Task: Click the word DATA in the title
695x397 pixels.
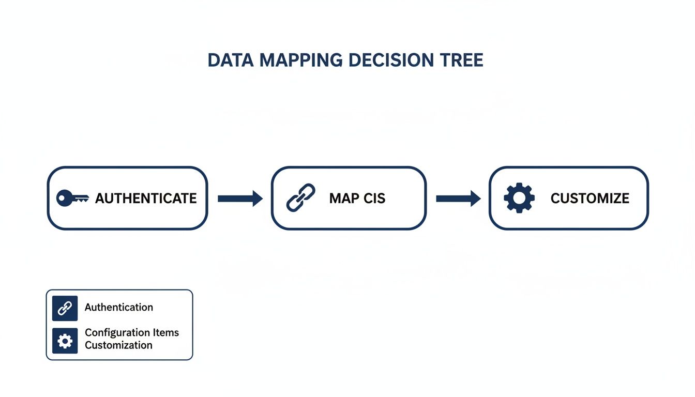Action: point(231,60)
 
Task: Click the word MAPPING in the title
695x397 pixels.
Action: point(300,60)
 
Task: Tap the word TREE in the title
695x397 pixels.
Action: point(463,60)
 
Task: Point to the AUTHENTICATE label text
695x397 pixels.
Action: point(146,198)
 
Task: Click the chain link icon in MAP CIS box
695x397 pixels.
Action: point(300,198)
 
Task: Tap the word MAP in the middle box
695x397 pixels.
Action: point(344,198)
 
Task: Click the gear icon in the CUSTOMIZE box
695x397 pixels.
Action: point(519,198)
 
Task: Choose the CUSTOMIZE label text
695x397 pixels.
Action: point(590,198)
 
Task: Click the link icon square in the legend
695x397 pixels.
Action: point(65,309)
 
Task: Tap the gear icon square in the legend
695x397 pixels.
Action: point(65,341)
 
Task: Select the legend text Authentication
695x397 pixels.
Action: point(119,307)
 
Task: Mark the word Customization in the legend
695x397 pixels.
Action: point(118,345)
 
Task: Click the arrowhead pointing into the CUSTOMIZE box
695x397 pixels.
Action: point(475,198)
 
